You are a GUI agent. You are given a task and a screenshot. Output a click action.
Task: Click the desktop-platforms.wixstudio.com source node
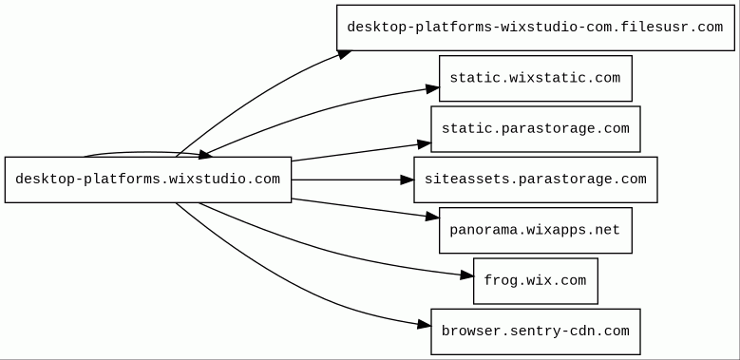148,180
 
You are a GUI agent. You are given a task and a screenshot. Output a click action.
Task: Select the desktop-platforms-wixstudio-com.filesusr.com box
536,28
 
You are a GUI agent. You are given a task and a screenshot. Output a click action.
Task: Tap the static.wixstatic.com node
536,78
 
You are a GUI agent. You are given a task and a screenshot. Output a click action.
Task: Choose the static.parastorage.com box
536,129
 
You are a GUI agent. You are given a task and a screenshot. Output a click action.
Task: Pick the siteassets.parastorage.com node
536,180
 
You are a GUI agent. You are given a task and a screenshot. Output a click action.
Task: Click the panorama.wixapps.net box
536,230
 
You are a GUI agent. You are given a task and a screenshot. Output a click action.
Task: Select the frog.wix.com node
536,281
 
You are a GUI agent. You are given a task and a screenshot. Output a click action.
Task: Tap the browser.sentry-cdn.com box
536,332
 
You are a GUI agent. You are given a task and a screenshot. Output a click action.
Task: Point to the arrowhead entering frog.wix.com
466,275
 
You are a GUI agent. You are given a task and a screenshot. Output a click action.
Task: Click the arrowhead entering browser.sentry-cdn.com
425,324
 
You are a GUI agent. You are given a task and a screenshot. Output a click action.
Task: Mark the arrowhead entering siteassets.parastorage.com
407,180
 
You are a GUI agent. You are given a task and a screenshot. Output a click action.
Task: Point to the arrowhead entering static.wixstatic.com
433,88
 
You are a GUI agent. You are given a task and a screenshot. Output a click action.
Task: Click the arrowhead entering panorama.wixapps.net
433,217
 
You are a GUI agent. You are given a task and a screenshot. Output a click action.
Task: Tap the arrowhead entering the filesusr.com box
344,55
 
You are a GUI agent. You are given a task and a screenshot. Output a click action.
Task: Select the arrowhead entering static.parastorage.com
425,144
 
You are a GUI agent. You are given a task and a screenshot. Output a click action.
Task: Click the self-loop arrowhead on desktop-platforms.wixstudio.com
206,154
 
